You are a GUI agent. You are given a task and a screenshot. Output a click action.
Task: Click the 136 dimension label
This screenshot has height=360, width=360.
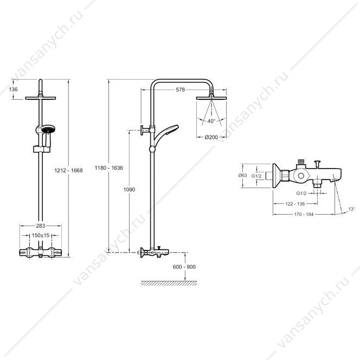14,89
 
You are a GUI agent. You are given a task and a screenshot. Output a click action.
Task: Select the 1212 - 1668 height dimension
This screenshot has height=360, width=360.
68,170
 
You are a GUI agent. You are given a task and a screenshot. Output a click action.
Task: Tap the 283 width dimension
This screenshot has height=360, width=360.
41,226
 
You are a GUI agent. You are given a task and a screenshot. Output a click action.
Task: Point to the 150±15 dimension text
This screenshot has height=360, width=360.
41,235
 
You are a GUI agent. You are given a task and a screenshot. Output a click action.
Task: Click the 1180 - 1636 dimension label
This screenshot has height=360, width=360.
109,168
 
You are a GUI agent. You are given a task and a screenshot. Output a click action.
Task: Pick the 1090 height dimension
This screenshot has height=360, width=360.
129,189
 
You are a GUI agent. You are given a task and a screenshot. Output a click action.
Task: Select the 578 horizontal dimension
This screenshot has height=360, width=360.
180,89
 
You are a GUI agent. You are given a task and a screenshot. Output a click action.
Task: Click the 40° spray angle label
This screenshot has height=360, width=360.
211,121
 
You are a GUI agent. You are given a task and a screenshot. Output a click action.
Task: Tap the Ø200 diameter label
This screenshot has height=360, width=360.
211,137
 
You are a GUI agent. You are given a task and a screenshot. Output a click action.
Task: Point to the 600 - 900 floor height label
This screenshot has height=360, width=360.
184,267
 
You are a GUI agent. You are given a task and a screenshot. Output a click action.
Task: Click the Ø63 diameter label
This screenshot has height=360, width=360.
242,176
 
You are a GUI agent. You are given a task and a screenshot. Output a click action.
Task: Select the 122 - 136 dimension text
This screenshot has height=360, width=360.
295,204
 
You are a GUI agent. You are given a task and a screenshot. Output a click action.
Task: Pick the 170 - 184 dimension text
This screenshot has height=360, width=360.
304,214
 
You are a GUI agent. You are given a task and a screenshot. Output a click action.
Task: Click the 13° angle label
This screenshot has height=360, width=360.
351,209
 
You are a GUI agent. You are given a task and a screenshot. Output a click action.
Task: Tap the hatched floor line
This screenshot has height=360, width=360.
169,283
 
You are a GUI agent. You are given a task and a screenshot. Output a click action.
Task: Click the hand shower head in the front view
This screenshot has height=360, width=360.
48,129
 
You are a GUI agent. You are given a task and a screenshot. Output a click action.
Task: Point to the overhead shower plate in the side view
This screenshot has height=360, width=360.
211,98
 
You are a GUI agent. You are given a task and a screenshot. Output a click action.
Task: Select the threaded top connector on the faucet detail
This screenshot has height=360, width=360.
301,162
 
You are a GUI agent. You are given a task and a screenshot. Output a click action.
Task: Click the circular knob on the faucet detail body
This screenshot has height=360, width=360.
301,176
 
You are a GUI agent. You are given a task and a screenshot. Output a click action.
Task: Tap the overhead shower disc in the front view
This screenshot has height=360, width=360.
41,98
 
